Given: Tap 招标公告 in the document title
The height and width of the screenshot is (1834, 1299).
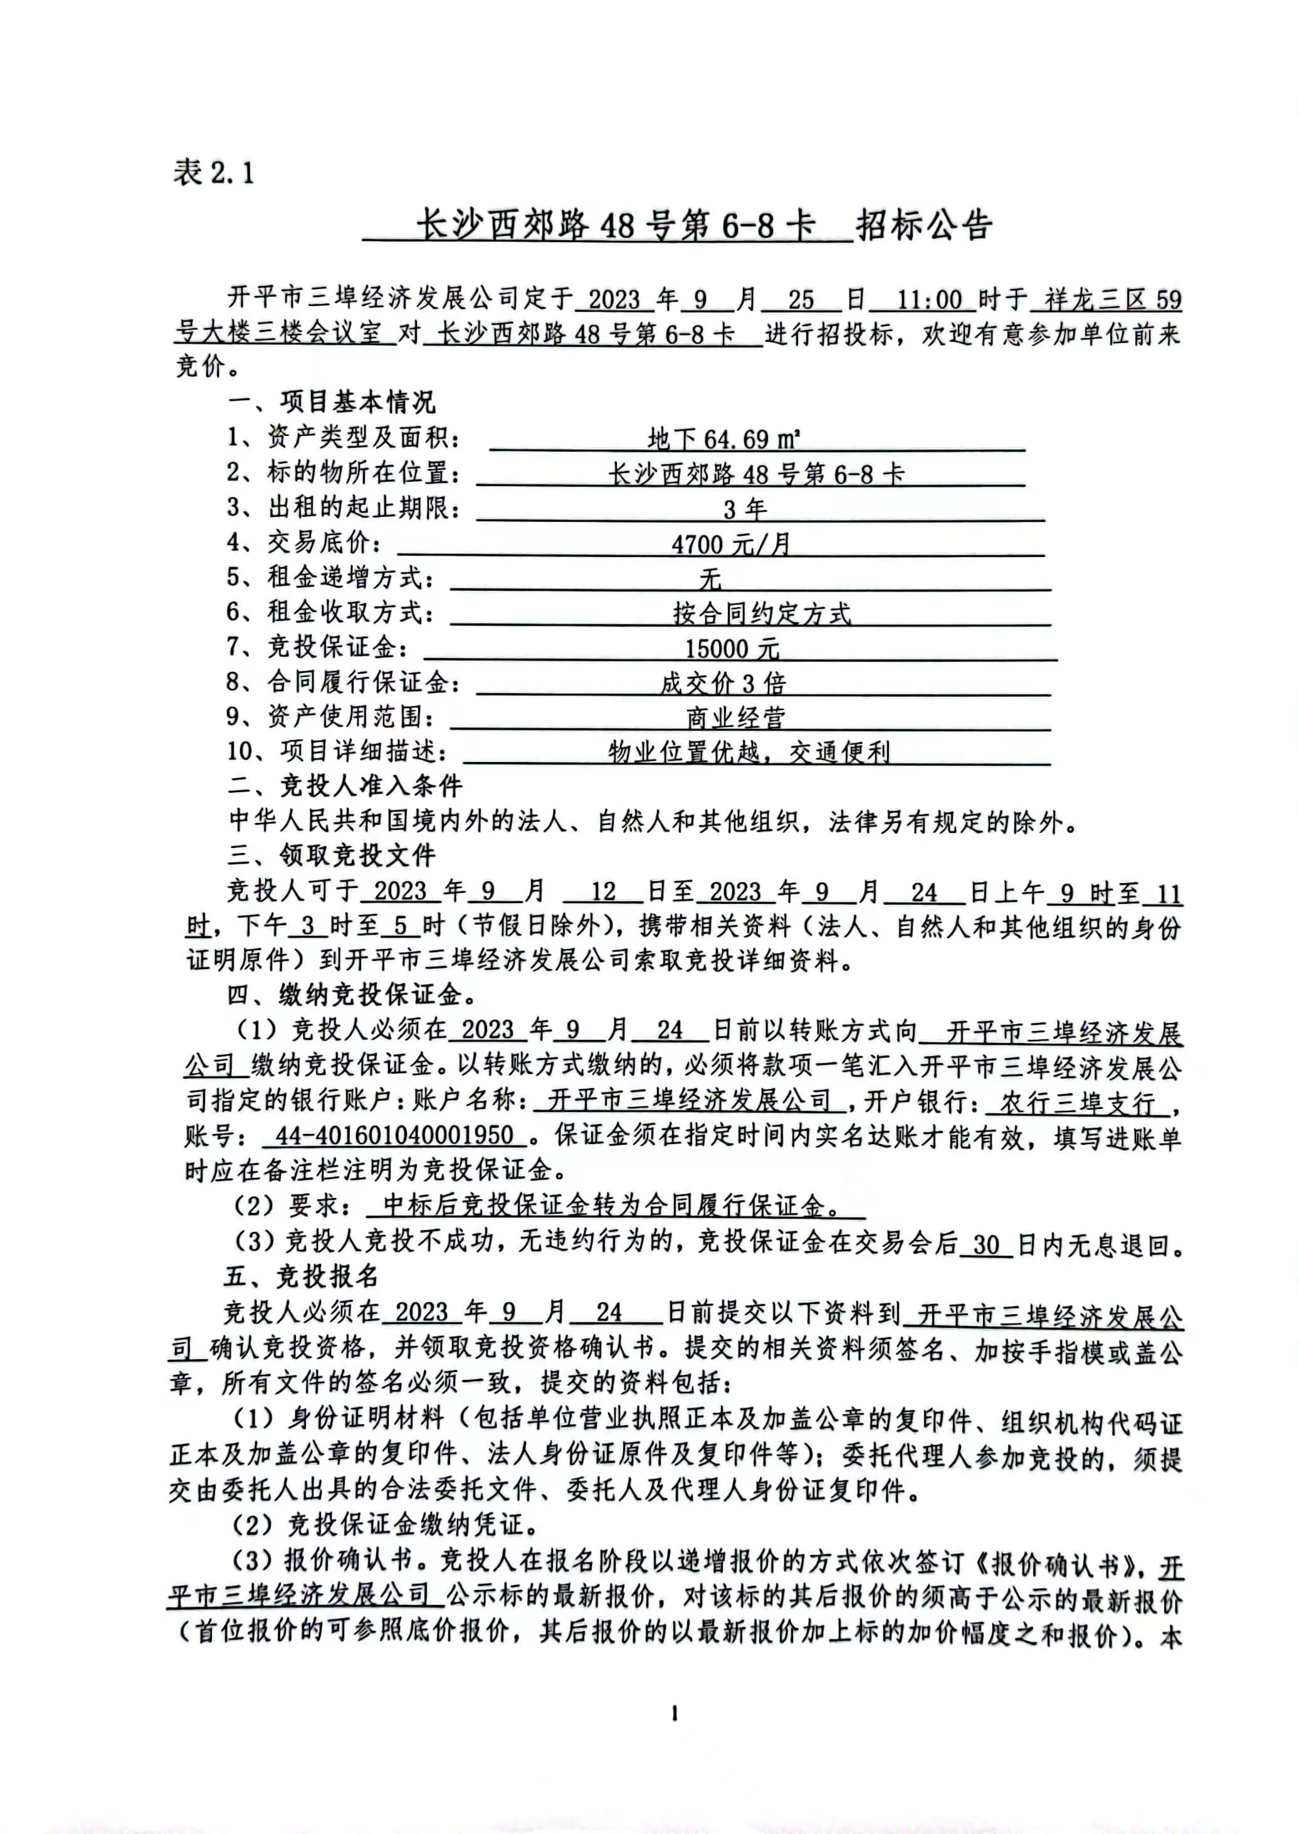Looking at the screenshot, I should (924, 226).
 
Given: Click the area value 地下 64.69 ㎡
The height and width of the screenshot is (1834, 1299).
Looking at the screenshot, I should (724, 438).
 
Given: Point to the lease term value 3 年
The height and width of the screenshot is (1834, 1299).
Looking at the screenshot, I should (745, 509).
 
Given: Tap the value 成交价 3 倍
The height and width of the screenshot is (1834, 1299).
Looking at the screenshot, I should (723, 683).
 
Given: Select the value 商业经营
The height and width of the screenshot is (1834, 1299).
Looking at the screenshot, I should (735, 718).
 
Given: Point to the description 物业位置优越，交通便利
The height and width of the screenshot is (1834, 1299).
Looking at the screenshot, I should (749, 752).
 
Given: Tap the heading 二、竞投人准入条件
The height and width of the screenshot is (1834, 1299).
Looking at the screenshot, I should (345, 786).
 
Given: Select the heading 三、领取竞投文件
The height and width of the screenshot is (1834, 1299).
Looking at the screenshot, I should (331, 856).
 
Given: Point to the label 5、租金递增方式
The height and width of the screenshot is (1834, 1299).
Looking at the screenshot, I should (331, 578).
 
